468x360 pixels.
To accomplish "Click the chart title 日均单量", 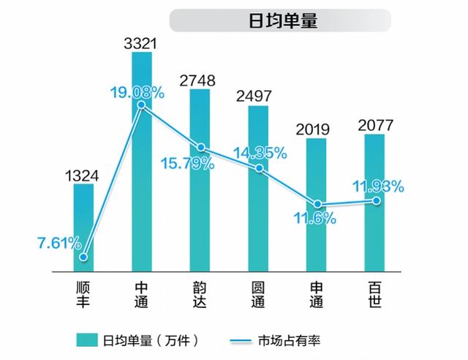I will click(x=283, y=20).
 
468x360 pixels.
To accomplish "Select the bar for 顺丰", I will click(x=83, y=228).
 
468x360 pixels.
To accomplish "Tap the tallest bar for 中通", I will click(x=141, y=161).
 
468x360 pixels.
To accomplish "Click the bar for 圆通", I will click(x=258, y=189).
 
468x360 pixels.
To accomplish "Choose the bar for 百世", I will click(x=376, y=205).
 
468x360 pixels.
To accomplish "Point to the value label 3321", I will click(x=141, y=42).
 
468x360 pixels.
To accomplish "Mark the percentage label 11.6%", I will click(x=317, y=217).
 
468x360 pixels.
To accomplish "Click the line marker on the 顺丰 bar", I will click(x=83, y=257).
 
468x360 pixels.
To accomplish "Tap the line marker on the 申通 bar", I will click(x=317, y=204).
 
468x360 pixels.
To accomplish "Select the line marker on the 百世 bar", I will click(x=376, y=200).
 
